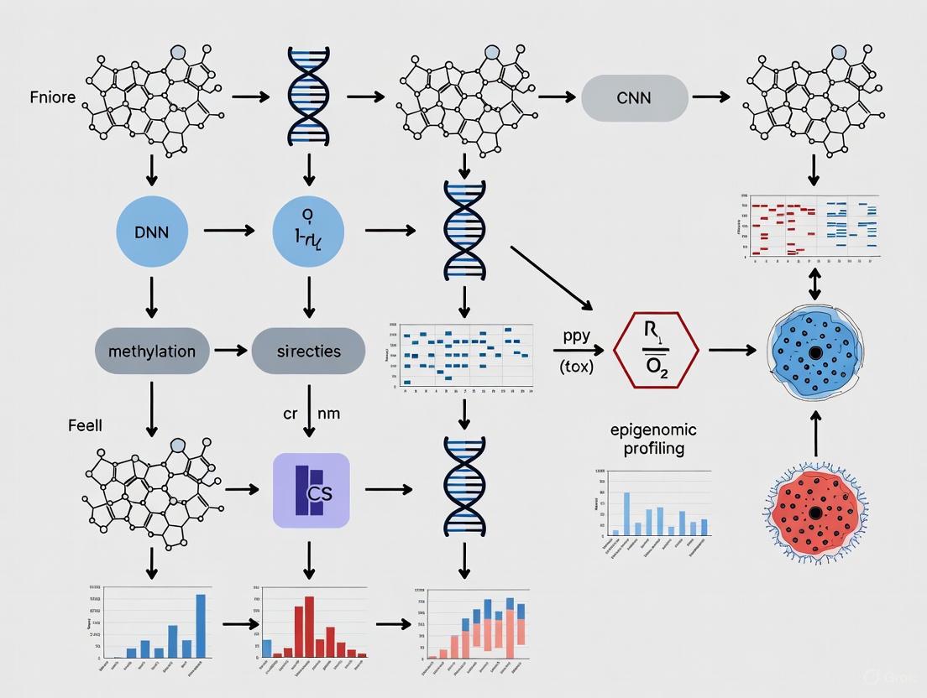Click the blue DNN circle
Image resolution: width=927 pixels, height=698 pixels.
point(152,231)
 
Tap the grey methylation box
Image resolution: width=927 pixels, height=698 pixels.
point(152,351)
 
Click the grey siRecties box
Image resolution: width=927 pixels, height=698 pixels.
point(309,351)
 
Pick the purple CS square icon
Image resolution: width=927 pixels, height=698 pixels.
point(311,491)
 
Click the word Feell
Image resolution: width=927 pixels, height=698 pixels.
point(85,426)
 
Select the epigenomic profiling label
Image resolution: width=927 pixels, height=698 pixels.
point(653,440)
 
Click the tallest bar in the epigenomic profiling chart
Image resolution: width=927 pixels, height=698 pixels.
point(626,513)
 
